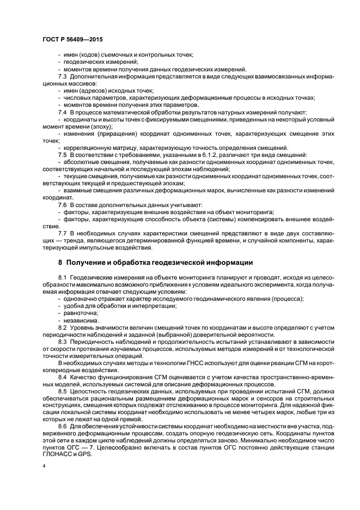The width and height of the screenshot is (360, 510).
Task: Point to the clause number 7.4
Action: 63,112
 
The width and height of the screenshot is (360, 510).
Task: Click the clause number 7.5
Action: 63,155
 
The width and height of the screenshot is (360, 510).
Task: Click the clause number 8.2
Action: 63,328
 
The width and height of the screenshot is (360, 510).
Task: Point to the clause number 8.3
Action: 63,342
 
